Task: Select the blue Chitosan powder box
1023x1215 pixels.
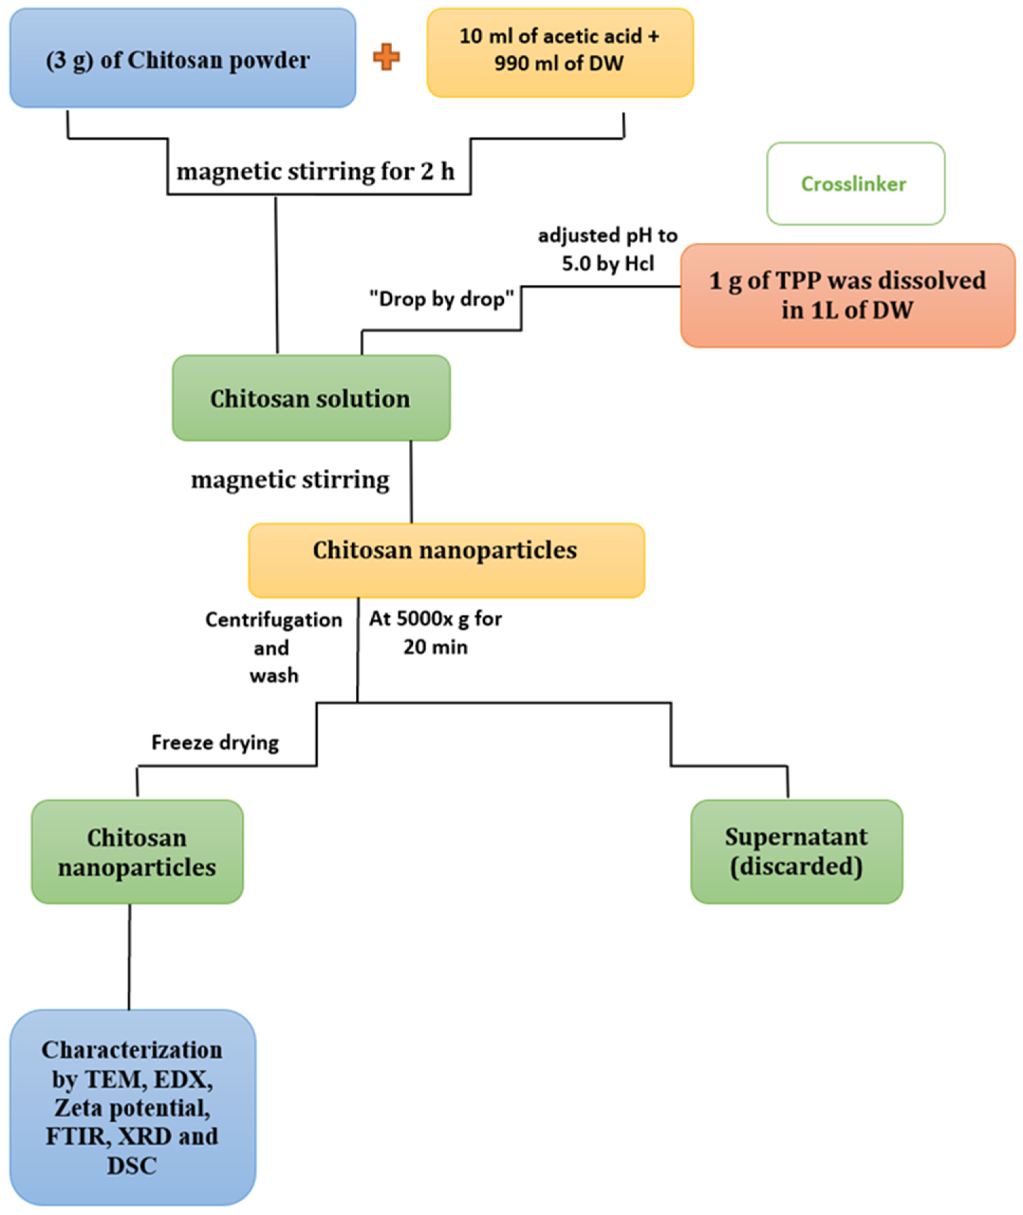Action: click(x=183, y=58)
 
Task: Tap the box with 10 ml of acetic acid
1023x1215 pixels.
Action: click(x=560, y=52)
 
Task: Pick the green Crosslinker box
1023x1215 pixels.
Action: click(x=855, y=184)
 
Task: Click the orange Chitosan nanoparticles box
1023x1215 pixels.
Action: click(x=446, y=560)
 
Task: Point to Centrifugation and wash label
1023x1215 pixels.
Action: click(x=274, y=647)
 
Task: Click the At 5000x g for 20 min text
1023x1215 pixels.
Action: click(x=435, y=633)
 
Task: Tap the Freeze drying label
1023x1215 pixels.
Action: click(x=215, y=742)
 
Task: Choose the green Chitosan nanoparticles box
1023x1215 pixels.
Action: click(x=137, y=852)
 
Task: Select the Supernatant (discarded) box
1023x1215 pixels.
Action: click(x=796, y=852)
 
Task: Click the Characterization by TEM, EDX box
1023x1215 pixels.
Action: click(x=132, y=1106)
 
